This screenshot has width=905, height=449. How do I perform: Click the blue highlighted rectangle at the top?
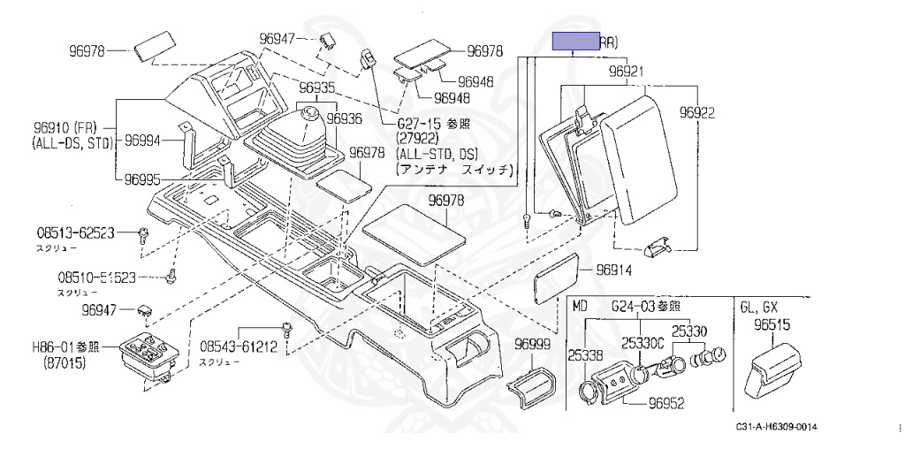(x=575, y=41)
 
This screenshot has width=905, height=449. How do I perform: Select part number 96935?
(x=316, y=88)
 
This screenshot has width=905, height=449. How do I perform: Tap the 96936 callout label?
(x=344, y=118)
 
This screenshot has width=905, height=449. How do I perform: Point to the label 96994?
(x=142, y=140)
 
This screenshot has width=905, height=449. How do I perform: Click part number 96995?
(x=142, y=179)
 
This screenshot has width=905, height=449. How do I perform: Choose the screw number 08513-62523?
(x=75, y=233)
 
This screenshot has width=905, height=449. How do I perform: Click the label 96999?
(x=533, y=343)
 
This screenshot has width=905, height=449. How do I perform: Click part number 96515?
(x=772, y=325)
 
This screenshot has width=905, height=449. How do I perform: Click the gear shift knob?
(x=310, y=118)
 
